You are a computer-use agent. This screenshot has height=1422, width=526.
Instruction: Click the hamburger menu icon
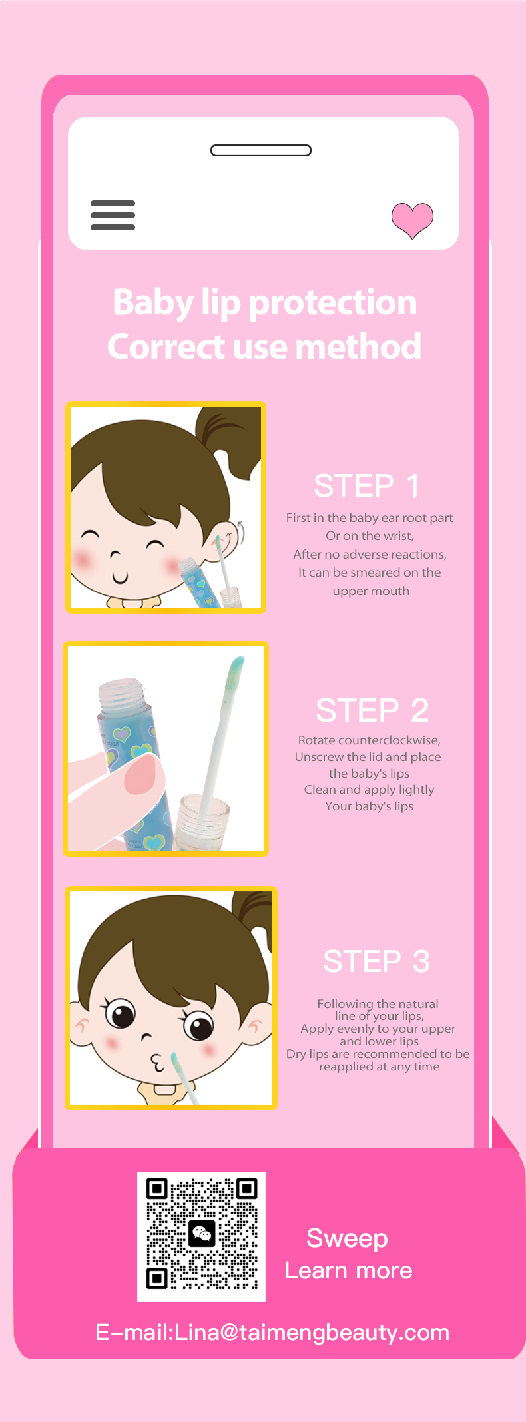113,215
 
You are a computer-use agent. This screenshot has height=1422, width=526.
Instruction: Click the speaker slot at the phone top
261,150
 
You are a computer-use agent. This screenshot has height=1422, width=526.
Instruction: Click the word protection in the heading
332,303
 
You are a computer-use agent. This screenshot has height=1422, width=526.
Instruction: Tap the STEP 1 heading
367,486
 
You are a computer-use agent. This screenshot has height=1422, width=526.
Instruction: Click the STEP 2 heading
372,710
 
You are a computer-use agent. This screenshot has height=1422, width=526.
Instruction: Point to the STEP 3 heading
377,961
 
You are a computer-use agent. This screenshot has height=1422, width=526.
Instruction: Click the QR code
201,1236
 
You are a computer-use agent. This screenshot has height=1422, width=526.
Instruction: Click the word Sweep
347,1239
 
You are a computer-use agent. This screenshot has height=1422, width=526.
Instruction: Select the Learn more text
349,1270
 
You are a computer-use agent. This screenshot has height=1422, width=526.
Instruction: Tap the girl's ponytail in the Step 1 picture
230,439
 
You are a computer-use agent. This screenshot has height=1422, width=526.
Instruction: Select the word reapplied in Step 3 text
346,1067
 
